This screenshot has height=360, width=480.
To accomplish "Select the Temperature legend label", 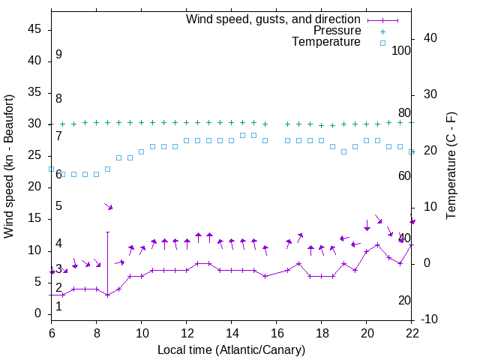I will click(x=326, y=42).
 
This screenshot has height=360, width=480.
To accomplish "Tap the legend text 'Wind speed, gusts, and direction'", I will click(x=274, y=19).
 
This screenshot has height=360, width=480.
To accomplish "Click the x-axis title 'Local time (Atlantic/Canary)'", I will click(x=231, y=349).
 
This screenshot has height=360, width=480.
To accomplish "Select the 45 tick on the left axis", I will click(x=35, y=29).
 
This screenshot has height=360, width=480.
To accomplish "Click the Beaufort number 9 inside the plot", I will click(x=58, y=55).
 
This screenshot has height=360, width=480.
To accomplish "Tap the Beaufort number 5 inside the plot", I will click(x=58, y=206).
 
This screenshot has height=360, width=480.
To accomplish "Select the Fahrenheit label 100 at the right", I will click(x=402, y=51).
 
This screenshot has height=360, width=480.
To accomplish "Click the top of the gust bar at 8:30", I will click(x=107, y=232).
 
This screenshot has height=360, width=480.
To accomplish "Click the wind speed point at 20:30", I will click(x=377, y=244).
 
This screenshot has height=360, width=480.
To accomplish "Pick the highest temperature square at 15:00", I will click(x=253, y=135).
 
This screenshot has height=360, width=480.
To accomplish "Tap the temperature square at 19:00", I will click(x=343, y=151).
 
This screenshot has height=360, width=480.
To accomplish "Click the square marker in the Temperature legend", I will click(x=382, y=43).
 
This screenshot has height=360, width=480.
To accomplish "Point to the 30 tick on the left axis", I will click(x=35, y=124).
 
